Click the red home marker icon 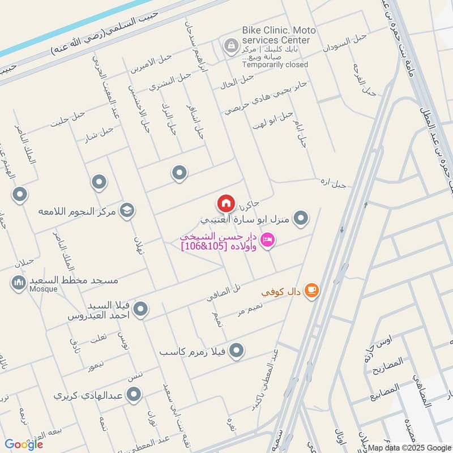pyautogui.click(x=225, y=202)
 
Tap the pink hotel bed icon pyautogui.click(x=269, y=240)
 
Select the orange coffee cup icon pyautogui.click(x=311, y=290)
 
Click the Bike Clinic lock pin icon pyautogui.click(x=230, y=45)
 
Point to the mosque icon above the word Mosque pyautogui.click(x=18, y=281)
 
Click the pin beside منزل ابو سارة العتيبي pyautogui.click(x=302, y=217)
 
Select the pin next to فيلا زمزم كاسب pyautogui.click(x=237, y=351)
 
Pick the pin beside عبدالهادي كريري pyautogui.click(x=134, y=395)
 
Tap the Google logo pyautogui.click(x=24, y=444)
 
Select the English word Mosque pyautogui.click(x=44, y=289)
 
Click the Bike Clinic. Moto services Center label pyautogui.click(x=276, y=35)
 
